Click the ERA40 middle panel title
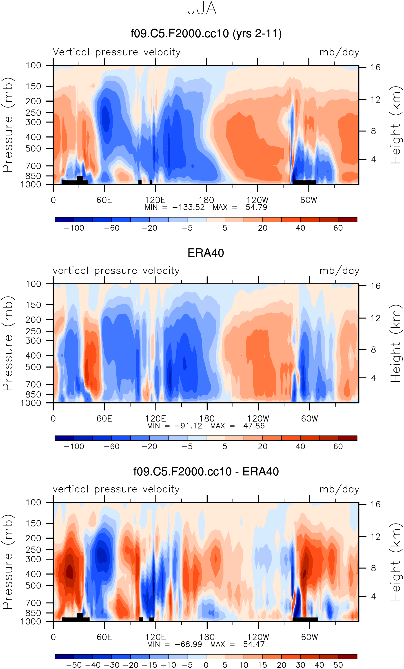206,253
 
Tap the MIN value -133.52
188,207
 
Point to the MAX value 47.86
254,426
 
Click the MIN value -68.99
188,644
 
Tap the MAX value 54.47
254,644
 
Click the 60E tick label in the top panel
104,200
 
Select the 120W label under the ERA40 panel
258,419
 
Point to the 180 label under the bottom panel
207,637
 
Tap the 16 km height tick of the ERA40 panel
375,286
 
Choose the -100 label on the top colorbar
74,228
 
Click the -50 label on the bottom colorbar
74,665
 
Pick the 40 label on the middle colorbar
300,446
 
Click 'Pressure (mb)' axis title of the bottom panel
8,562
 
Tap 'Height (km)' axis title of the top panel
395,125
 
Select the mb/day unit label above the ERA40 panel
339,271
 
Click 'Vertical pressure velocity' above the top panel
117,52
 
